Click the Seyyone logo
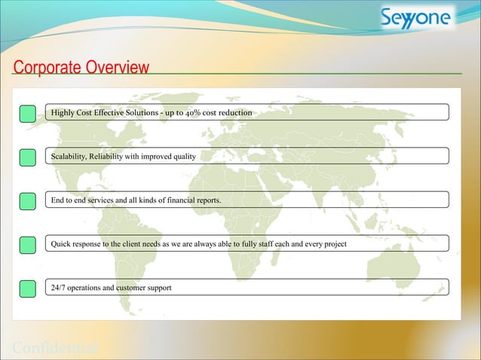[x=416, y=18]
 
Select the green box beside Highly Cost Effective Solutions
[x=27, y=114]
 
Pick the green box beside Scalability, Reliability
[x=27, y=157]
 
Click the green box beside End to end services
[x=27, y=200]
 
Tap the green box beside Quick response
[x=27, y=244]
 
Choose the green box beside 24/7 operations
[x=27, y=288]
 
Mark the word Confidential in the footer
[x=57, y=349]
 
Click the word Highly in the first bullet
[x=63, y=113]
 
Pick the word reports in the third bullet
[x=207, y=200]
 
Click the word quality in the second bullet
[x=185, y=157]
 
